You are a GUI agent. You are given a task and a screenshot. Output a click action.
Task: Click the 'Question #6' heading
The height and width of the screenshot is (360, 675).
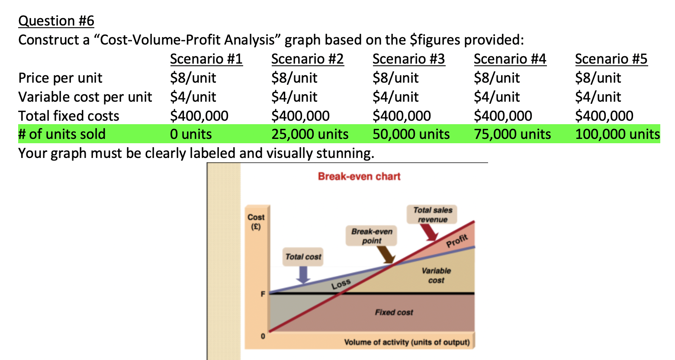click(56, 21)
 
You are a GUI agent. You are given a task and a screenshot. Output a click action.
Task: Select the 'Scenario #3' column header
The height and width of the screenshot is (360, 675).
click(408, 59)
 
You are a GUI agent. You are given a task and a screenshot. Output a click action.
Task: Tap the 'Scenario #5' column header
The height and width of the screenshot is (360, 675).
click(611, 59)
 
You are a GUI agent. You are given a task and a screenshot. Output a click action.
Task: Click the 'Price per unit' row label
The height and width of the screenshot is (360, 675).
click(60, 78)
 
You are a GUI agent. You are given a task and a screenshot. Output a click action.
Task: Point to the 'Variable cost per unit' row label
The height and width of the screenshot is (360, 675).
click(85, 97)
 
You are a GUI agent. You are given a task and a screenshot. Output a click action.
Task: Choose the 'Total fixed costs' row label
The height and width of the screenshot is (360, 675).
click(69, 116)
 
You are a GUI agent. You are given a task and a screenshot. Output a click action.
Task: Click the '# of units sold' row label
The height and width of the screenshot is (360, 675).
click(62, 134)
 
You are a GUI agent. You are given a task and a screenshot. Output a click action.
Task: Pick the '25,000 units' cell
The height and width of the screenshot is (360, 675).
click(310, 134)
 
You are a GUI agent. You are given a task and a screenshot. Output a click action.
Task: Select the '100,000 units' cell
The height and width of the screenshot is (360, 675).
click(617, 134)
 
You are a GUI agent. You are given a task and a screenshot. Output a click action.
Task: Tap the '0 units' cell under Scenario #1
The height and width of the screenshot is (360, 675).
click(191, 134)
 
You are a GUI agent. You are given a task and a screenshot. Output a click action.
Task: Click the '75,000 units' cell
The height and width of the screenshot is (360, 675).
click(512, 134)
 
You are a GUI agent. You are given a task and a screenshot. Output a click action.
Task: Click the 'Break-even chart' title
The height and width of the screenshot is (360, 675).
click(359, 177)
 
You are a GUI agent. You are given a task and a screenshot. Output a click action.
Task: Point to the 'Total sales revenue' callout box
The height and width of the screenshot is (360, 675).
click(432, 215)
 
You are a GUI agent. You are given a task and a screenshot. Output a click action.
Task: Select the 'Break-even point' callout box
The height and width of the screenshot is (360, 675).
click(372, 236)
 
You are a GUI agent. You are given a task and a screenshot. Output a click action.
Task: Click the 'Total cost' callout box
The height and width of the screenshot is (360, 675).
click(303, 257)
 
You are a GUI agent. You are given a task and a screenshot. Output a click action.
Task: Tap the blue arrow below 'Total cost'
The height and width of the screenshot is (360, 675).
click(304, 274)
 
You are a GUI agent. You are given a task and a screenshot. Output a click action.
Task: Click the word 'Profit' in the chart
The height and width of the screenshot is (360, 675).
click(457, 241)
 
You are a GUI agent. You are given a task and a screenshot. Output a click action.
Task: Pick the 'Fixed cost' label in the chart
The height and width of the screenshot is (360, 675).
click(394, 312)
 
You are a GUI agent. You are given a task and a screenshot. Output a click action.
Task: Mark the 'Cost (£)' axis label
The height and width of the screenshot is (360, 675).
click(256, 221)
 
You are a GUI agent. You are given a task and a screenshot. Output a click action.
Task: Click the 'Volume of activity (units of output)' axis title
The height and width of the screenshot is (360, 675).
click(407, 342)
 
